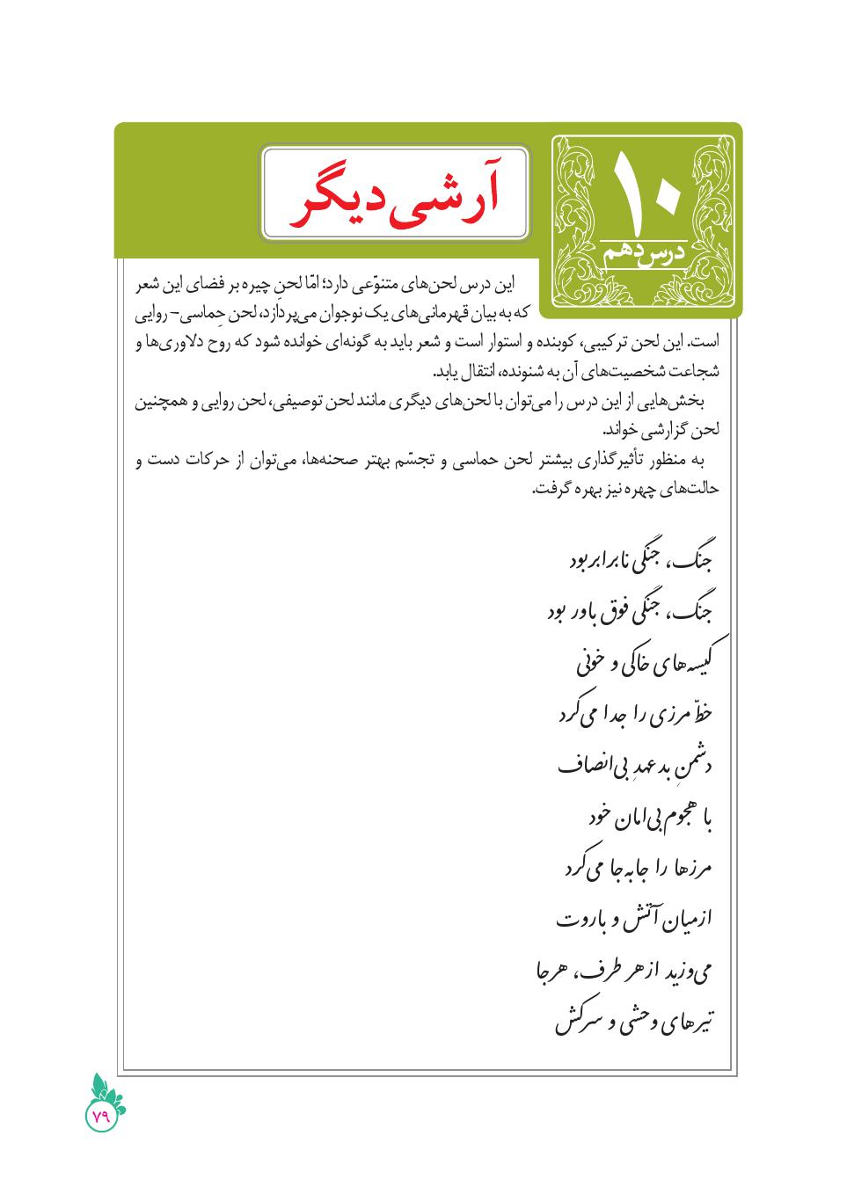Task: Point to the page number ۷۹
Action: pyautogui.click(x=100, y=1116)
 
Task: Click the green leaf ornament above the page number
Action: pyautogui.click(x=106, y=1088)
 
